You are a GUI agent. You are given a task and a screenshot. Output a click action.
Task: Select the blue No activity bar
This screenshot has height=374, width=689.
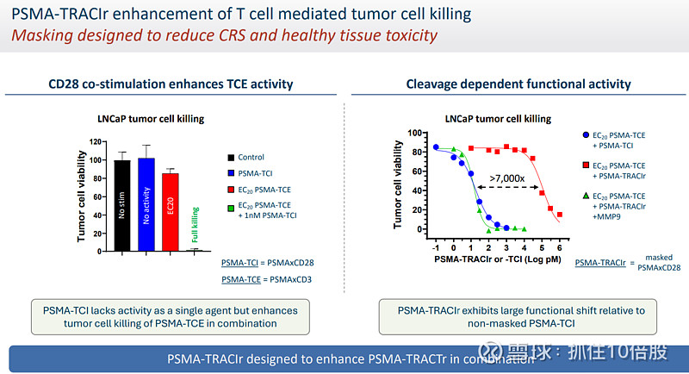146,204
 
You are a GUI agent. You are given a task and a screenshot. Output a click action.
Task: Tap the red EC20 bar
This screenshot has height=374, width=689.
170,211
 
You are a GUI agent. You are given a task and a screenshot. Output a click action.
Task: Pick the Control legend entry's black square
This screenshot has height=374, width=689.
231,157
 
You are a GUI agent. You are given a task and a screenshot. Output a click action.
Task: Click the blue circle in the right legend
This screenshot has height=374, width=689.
586,135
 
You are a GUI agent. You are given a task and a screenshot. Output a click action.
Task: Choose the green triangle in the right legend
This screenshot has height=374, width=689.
586,196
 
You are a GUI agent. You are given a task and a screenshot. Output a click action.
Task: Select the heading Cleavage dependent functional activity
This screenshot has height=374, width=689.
518,84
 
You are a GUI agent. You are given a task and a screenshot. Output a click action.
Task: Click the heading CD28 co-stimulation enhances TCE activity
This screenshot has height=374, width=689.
171,84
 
